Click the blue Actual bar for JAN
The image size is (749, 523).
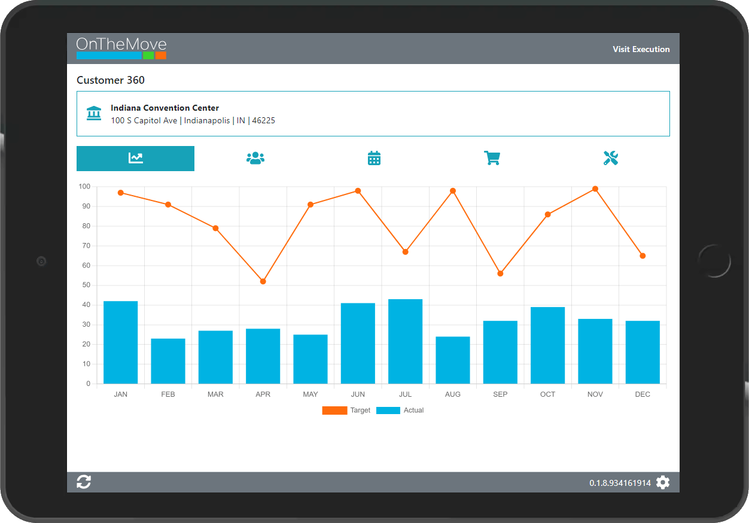click(120, 342)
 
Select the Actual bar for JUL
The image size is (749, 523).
click(405, 341)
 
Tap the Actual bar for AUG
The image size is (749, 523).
click(452, 360)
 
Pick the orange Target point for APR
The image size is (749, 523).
click(263, 281)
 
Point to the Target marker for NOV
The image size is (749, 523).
click(595, 189)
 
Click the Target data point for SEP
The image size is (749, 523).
click(500, 273)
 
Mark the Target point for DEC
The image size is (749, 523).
click(643, 256)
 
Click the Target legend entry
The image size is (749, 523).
click(346, 411)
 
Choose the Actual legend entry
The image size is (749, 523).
click(400, 411)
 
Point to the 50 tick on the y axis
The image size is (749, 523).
click(86, 285)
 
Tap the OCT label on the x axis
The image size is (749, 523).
click(547, 394)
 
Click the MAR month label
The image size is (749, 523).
click(215, 394)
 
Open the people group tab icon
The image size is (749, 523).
click(255, 158)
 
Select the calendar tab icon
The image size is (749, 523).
click(374, 158)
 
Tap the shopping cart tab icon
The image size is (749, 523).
click(492, 158)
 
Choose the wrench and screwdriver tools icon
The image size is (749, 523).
click(610, 158)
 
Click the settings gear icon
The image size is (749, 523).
click(663, 482)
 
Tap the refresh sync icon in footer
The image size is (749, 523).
click(84, 482)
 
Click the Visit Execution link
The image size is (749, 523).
click(641, 49)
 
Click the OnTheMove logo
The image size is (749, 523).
click(121, 48)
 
